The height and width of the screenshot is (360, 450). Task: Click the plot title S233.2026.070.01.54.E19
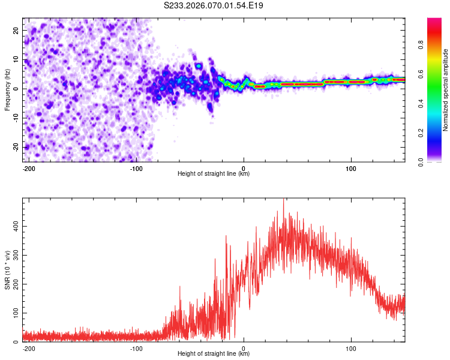pyautogui.click(x=214, y=6)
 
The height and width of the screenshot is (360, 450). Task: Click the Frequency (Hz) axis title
pyautogui.click(x=7, y=90)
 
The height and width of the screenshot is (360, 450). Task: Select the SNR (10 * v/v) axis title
pyautogui.click(x=7, y=270)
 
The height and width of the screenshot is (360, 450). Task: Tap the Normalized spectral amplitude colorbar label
pyautogui.click(x=446, y=90)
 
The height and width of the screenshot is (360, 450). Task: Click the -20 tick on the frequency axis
pyautogui.click(x=14, y=147)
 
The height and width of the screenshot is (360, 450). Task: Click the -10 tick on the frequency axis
pyautogui.click(x=14, y=118)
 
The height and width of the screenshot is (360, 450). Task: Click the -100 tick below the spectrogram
pyautogui.click(x=136, y=169)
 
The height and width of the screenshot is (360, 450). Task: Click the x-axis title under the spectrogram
pyautogui.click(x=214, y=174)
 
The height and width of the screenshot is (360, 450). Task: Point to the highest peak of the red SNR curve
pyautogui.click(x=283, y=200)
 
